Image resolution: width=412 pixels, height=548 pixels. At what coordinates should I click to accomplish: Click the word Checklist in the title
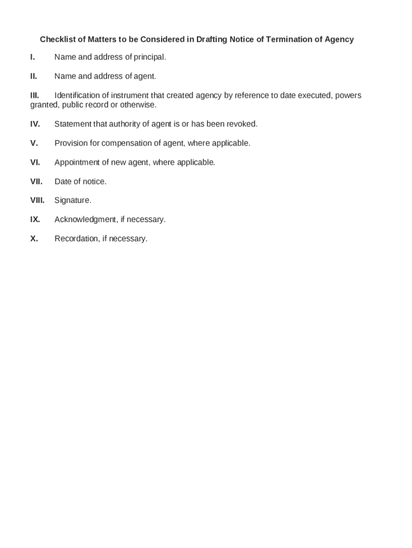57,40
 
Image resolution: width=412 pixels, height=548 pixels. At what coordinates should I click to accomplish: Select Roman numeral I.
33,57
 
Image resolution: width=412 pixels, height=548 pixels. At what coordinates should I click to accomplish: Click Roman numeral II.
34,77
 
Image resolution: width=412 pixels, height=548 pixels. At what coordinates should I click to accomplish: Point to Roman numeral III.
35,96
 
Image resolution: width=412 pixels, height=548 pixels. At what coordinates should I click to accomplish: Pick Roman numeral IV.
35,124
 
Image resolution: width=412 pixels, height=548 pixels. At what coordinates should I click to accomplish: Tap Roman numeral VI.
35,163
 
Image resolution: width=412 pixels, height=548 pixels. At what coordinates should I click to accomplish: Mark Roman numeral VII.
36,182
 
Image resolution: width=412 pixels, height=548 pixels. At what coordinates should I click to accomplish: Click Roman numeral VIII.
37,201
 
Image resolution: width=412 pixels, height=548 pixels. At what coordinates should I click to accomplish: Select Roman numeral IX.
35,220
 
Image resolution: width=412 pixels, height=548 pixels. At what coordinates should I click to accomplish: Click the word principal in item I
149,57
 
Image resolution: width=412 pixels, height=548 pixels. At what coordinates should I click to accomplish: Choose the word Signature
73,201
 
